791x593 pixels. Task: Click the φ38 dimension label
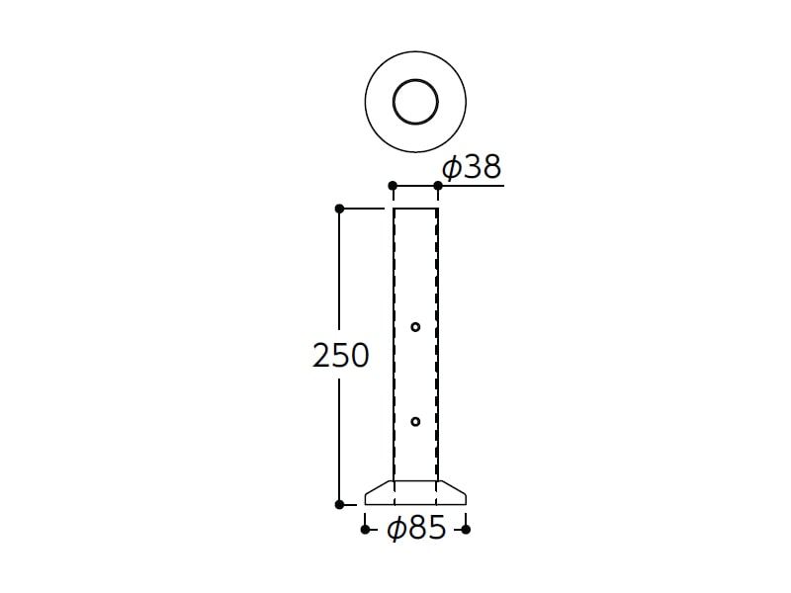(x=472, y=167)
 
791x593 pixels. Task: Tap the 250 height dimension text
(x=341, y=356)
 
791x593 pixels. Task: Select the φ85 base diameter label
(x=416, y=528)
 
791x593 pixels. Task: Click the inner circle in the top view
(x=415, y=80)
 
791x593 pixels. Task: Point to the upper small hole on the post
(x=415, y=327)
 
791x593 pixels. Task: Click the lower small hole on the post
(x=415, y=422)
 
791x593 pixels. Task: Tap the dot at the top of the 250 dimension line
(x=339, y=209)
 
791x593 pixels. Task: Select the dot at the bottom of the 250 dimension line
(x=339, y=504)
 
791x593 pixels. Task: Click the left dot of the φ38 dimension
(x=393, y=186)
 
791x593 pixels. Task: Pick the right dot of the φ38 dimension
(x=438, y=186)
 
